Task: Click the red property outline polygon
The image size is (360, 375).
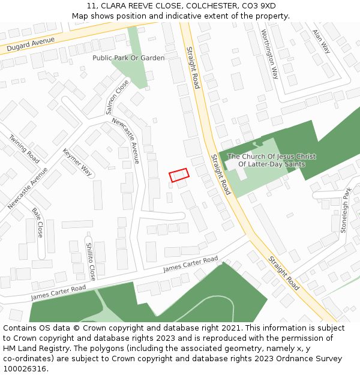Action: coord(179,175)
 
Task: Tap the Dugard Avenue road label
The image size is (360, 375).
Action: coord(31,44)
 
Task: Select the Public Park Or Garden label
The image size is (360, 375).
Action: coord(128,58)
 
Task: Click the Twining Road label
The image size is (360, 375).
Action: coord(24,148)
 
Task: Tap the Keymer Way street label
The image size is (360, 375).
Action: coord(77,162)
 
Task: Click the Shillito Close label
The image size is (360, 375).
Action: coord(91,261)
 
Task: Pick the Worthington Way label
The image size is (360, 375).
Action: coord(269,55)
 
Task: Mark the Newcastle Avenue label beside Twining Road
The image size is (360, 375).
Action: coord(28,188)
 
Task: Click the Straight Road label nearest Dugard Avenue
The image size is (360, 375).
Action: coord(193,67)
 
